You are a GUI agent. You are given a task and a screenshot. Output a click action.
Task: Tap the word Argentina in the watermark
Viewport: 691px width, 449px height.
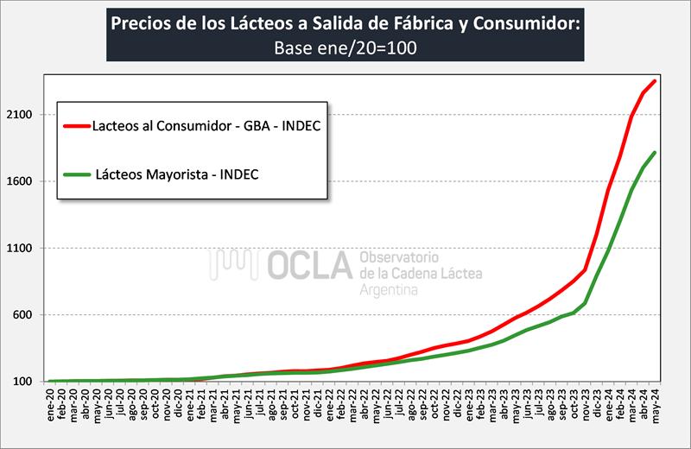coord(389,291)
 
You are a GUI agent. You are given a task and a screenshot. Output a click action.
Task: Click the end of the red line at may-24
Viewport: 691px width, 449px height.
coord(656,81)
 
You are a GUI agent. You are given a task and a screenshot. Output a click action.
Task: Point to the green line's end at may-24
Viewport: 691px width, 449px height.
coord(656,153)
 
